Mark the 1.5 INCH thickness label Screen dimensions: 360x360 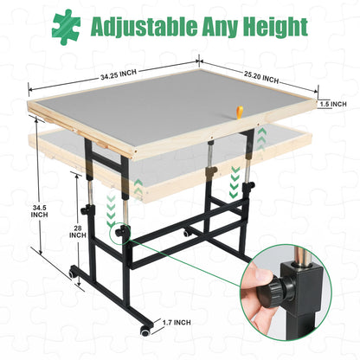334,104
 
